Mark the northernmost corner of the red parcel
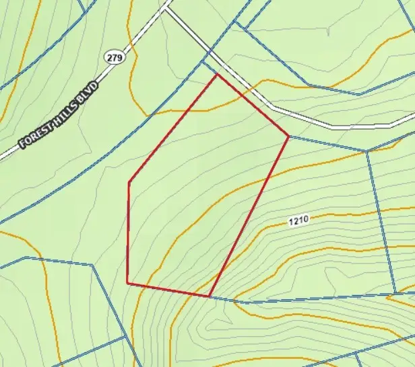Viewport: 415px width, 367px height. pyautogui.click(x=217, y=74)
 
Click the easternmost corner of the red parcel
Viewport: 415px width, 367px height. pyautogui.click(x=289, y=136)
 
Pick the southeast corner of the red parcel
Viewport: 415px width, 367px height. pyautogui.click(x=210, y=296)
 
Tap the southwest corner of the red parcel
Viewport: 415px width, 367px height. pyautogui.click(x=127, y=283)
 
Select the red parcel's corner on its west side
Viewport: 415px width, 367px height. pyautogui.click(x=129, y=181)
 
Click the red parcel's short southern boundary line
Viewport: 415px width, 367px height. pyautogui.click(x=168, y=290)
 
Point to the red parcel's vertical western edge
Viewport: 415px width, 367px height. pyautogui.click(x=128, y=232)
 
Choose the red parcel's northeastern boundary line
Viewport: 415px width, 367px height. pyautogui.click(x=253, y=105)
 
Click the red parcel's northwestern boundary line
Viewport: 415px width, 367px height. pyautogui.click(x=172, y=128)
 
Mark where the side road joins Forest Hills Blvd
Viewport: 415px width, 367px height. pyautogui.click(x=166, y=8)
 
